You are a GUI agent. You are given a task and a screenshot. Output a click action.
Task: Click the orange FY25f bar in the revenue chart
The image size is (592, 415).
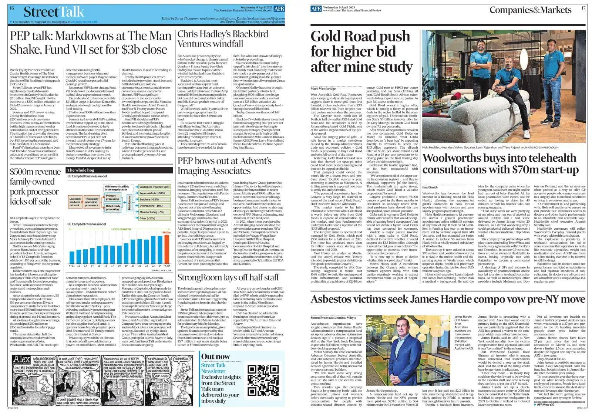pyautogui.click(x=166, y=249)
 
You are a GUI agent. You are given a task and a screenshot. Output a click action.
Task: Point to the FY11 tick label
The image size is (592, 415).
pyautogui.click(x=72, y=266)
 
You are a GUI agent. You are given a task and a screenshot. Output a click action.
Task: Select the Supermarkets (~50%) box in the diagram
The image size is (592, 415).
pyautogui.click(x=152, y=193)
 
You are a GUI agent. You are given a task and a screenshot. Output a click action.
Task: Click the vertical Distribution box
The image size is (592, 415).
pyautogui.click(x=129, y=203)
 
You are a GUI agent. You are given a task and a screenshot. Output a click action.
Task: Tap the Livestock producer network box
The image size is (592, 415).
pyautogui.click(x=75, y=202)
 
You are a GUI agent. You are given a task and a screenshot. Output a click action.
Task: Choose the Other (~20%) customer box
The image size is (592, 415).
pyautogui.click(x=148, y=218)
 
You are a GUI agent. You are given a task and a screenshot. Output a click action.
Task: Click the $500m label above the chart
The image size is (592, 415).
pyautogui.click(x=166, y=232)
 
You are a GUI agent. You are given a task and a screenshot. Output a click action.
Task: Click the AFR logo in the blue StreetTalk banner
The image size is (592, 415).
pyautogui.click(x=279, y=9)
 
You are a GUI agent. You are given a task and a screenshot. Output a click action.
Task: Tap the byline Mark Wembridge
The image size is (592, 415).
pyautogui.click(x=323, y=89)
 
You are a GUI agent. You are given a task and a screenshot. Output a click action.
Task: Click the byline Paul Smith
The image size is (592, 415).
pyautogui.click(x=430, y=187)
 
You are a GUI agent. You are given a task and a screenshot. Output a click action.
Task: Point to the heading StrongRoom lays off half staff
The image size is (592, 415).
pyautogui.click(x=228, y=277)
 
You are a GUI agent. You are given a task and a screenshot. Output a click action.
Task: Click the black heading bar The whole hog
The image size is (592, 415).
pyautogui.click(x=120, y=171)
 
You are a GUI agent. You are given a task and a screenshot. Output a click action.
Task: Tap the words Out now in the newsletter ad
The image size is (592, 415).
pyautogui.click(x=215, y=357)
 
